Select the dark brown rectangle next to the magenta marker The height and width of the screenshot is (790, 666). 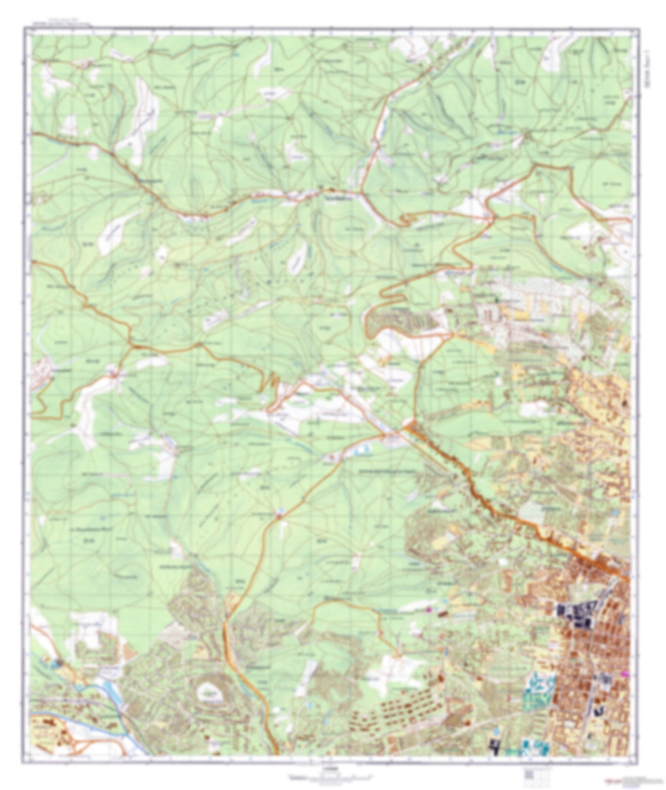pyautogui.click(x=441, y=613)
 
